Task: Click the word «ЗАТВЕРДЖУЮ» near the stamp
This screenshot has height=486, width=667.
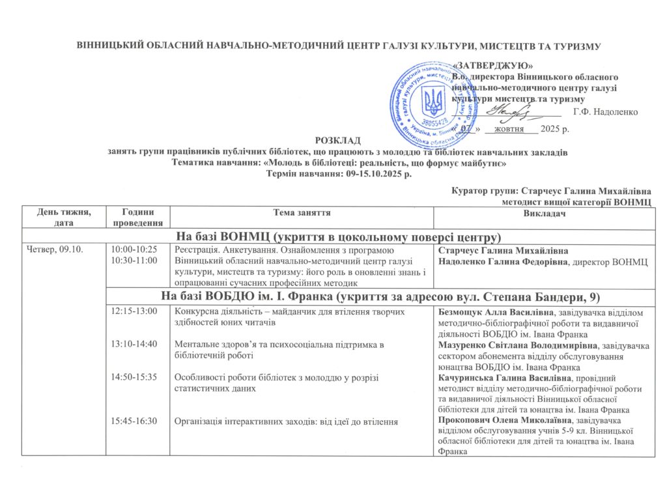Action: tap(492, 65)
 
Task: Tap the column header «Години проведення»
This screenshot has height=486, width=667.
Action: tap(133, 217)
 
